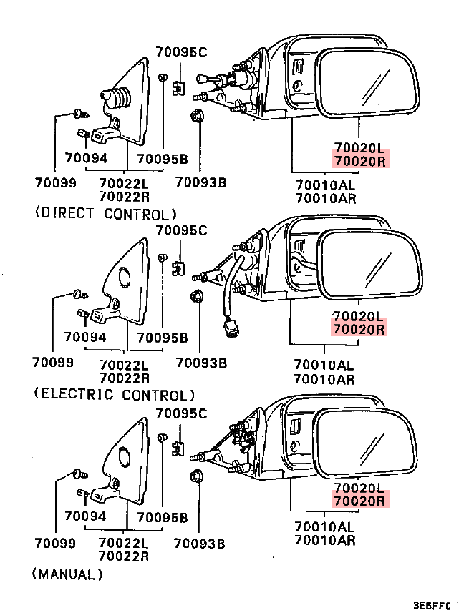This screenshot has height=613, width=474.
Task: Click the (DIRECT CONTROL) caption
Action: [104, 213]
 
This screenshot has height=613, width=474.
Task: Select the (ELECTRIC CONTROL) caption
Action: [114, 394]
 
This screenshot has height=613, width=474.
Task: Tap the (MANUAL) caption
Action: [68, 574]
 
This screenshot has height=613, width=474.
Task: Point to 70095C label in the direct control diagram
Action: [181, 52]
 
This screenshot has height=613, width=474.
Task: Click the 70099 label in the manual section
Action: [54, 544]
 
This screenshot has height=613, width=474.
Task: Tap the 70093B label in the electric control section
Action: [201, 363]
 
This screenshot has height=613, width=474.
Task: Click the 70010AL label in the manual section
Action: [324, 527]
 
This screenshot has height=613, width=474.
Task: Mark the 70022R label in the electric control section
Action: [124, 378]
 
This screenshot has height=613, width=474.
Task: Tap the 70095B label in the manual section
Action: [163, 517]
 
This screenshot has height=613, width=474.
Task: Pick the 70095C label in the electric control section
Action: [181, 230]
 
